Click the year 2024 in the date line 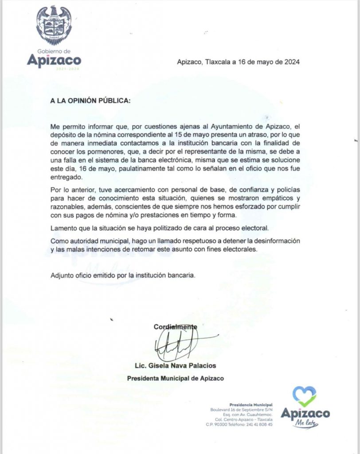291,62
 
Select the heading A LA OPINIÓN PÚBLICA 90,101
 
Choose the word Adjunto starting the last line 62,275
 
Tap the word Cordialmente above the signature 175,327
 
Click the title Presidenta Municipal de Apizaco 175,379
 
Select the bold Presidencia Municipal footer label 251,405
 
